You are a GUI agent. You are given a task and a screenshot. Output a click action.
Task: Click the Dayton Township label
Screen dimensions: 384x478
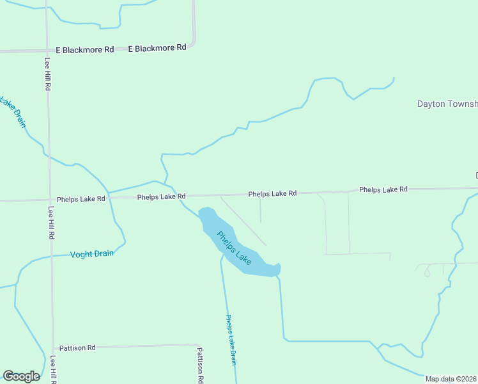[447, 104]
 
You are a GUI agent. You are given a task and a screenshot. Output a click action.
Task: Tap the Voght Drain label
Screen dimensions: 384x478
[92, 254]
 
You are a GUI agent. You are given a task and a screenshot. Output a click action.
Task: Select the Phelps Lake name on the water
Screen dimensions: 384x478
[233, 248]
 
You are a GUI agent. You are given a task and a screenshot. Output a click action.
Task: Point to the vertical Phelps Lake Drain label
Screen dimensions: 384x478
[232, 339]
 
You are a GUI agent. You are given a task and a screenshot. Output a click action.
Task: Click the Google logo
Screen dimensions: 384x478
[21, 376]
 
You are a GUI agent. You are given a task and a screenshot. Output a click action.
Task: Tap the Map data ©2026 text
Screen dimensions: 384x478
[451, 379]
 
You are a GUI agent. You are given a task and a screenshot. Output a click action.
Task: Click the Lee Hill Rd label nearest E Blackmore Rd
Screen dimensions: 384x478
[48, 75]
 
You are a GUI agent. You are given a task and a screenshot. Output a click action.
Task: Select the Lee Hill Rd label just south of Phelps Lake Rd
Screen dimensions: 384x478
[51, 222]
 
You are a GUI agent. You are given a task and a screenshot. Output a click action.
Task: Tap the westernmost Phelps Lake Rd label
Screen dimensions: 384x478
[81, 199]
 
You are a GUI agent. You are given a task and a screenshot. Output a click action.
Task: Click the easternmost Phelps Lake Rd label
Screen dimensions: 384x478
[383, 189]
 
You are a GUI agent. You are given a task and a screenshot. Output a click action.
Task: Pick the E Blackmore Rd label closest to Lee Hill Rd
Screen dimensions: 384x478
[84, 49]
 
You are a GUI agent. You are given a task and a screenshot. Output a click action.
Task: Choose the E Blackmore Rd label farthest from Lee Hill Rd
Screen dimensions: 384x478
[157, 48]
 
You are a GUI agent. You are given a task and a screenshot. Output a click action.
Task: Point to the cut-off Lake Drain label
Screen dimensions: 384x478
[13, 111]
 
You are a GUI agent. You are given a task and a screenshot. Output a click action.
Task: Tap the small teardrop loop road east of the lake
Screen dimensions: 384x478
[427, 271]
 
